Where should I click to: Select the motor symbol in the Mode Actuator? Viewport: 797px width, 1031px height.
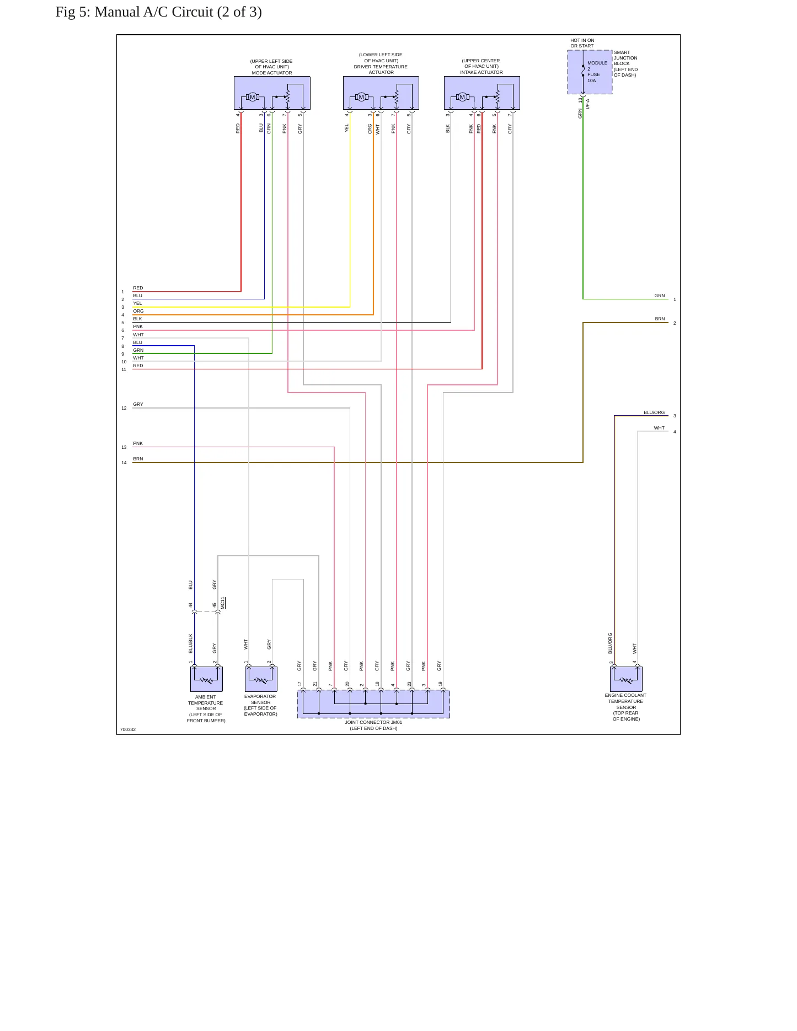point(253,97)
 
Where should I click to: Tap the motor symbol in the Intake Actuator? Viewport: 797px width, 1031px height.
point(462,97)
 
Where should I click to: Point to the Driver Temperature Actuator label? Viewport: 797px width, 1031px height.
point(381,63)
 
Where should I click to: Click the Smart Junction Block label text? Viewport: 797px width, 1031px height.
point(625,64)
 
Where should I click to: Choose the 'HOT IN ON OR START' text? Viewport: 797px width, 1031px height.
point(582,43)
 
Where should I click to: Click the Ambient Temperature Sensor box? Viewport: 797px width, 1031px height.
point(206,679)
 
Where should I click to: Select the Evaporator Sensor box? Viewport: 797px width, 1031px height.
point(261,679)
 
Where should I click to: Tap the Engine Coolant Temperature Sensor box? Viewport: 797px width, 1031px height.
point(626,679)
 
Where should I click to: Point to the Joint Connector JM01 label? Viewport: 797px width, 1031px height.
point(373,725)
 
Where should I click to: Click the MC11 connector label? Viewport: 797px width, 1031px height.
point(223,603)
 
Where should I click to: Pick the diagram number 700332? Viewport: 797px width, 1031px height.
point(128,729)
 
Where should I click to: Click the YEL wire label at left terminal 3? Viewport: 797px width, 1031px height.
point(137,303)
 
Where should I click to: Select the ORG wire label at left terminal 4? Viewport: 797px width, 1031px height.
point(138,311)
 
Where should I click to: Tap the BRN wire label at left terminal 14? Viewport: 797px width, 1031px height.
point(138,459)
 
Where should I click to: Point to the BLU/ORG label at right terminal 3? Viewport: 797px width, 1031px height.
point(654,412)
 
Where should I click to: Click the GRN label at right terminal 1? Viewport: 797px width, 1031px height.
point(660,296)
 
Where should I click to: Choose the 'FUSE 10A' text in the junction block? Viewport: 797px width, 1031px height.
point(593,78)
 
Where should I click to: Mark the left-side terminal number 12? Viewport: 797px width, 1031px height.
point(124,408)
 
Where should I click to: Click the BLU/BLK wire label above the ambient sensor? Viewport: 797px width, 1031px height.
point(191,643)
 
